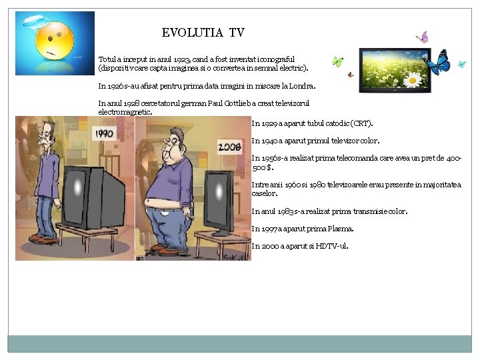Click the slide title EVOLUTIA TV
203,33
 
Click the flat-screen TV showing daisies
395,69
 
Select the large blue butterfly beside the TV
438,63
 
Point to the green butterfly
337,61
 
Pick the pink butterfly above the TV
422,37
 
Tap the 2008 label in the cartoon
229,145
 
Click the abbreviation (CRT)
361,123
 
